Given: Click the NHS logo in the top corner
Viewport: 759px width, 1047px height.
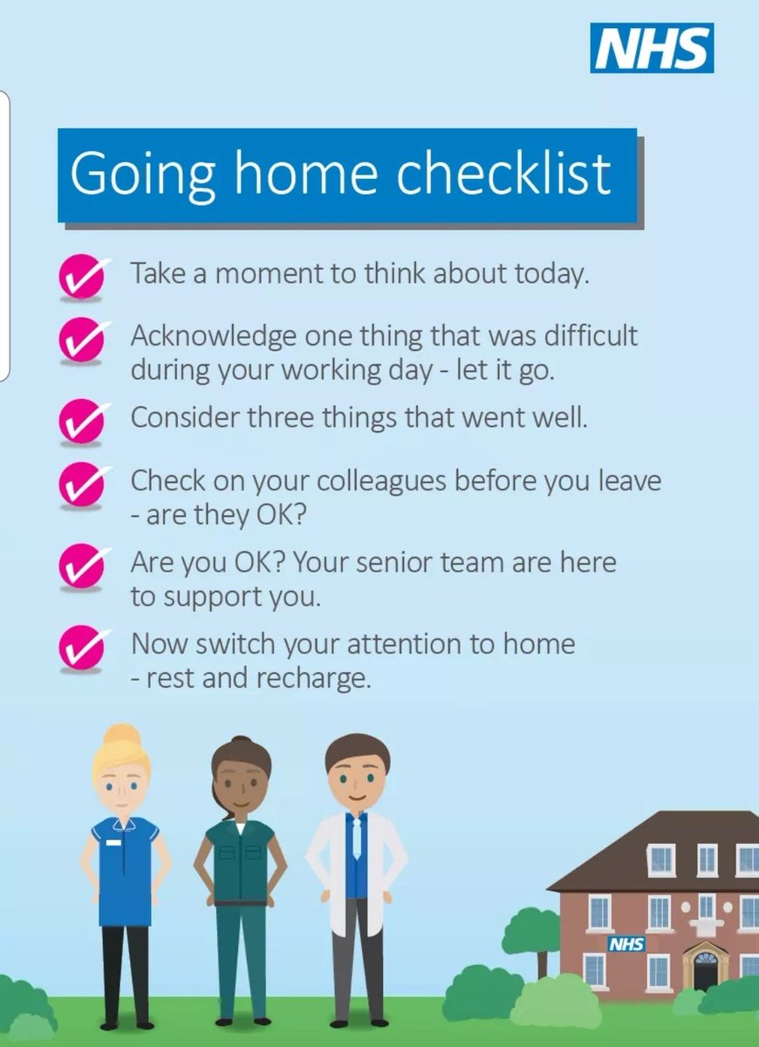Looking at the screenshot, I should click(x=652, y=48).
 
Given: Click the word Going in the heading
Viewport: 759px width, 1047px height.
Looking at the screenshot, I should click(x=142, y=174).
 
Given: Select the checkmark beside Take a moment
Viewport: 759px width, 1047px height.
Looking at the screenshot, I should click(x=82, y=277).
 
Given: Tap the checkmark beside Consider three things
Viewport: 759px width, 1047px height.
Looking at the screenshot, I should click(x=82, y=421).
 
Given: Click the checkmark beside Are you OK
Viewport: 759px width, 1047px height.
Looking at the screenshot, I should click(x=82, y=565).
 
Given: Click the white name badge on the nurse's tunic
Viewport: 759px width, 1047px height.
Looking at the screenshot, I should click(x=113, y=843).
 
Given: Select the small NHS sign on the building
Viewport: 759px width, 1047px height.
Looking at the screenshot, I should click(x=626, y=944).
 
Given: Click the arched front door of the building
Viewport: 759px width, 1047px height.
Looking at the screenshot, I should click(x=704, y=969).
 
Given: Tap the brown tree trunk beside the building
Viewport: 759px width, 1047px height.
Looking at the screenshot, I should click(x=542, y=960).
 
